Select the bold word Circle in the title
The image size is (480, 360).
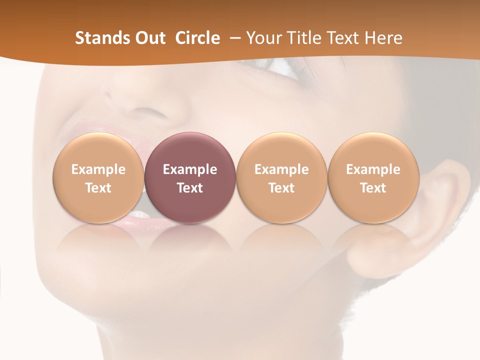tap(197, 38)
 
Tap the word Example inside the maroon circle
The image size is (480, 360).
tap(190, 169)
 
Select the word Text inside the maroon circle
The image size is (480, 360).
tap(190, 188)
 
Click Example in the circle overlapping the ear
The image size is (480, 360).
tap(373, 169)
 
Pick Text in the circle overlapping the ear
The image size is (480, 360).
tap(373, 188)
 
